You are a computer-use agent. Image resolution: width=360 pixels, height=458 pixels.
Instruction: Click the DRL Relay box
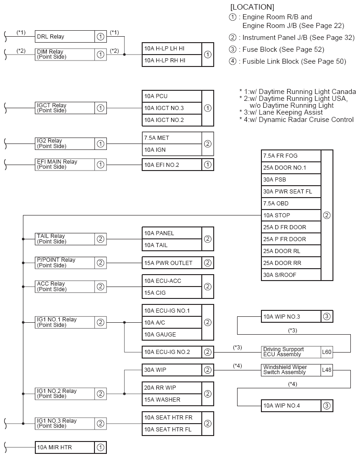tap(64, 37)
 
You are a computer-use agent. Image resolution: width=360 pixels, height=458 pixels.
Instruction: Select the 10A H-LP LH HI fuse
tap(172, 49)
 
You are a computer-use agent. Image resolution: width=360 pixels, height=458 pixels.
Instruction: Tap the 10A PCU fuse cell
tap(172, 96)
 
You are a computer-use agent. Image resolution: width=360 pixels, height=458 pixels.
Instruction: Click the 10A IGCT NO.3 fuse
tap(172, 108)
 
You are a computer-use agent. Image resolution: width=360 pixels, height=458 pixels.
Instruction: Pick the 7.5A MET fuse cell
tap(172, 138)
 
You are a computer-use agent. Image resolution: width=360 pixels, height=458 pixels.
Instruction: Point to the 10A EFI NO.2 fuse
tap(172, 165)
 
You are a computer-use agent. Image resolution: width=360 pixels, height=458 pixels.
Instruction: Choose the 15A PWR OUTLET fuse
tap(172, 263)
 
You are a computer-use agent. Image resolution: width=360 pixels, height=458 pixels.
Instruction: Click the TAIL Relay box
tap(64, 239)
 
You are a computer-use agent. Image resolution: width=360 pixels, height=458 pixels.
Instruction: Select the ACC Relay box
tap(64, 287)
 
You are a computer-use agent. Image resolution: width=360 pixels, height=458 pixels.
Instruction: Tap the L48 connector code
tap(327, 370)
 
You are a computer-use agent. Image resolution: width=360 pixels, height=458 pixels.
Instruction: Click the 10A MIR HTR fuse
tap(64, 447)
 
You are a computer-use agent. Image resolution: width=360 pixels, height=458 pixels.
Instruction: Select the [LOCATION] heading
tap(252, 7)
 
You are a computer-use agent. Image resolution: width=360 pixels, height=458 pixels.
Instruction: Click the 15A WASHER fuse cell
tap(172, 400)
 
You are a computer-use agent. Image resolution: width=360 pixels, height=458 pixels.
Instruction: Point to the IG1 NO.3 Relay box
tap(64, 424)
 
